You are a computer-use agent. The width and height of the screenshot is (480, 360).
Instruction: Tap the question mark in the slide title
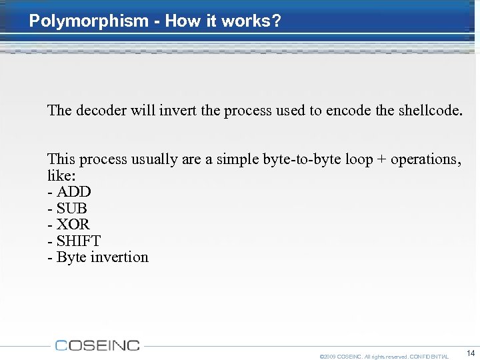coord(277,21)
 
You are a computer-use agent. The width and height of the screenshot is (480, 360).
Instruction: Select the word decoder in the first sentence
coord(101,110)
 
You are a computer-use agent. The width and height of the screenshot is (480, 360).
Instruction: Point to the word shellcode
coord(427,110)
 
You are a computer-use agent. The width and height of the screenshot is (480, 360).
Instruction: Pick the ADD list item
coord(73,192)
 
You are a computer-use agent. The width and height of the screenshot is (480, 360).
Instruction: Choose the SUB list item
coord(71,209)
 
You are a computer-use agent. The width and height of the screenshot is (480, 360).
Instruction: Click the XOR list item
coord(73,225)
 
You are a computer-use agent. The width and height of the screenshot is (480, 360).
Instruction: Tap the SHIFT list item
coord(78,241)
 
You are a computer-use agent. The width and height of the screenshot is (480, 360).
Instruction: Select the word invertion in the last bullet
coord(119,257)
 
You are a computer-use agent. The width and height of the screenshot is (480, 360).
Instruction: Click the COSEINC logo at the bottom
coord(97,345)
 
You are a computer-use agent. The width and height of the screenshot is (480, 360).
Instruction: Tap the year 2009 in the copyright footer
coord(329,357)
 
